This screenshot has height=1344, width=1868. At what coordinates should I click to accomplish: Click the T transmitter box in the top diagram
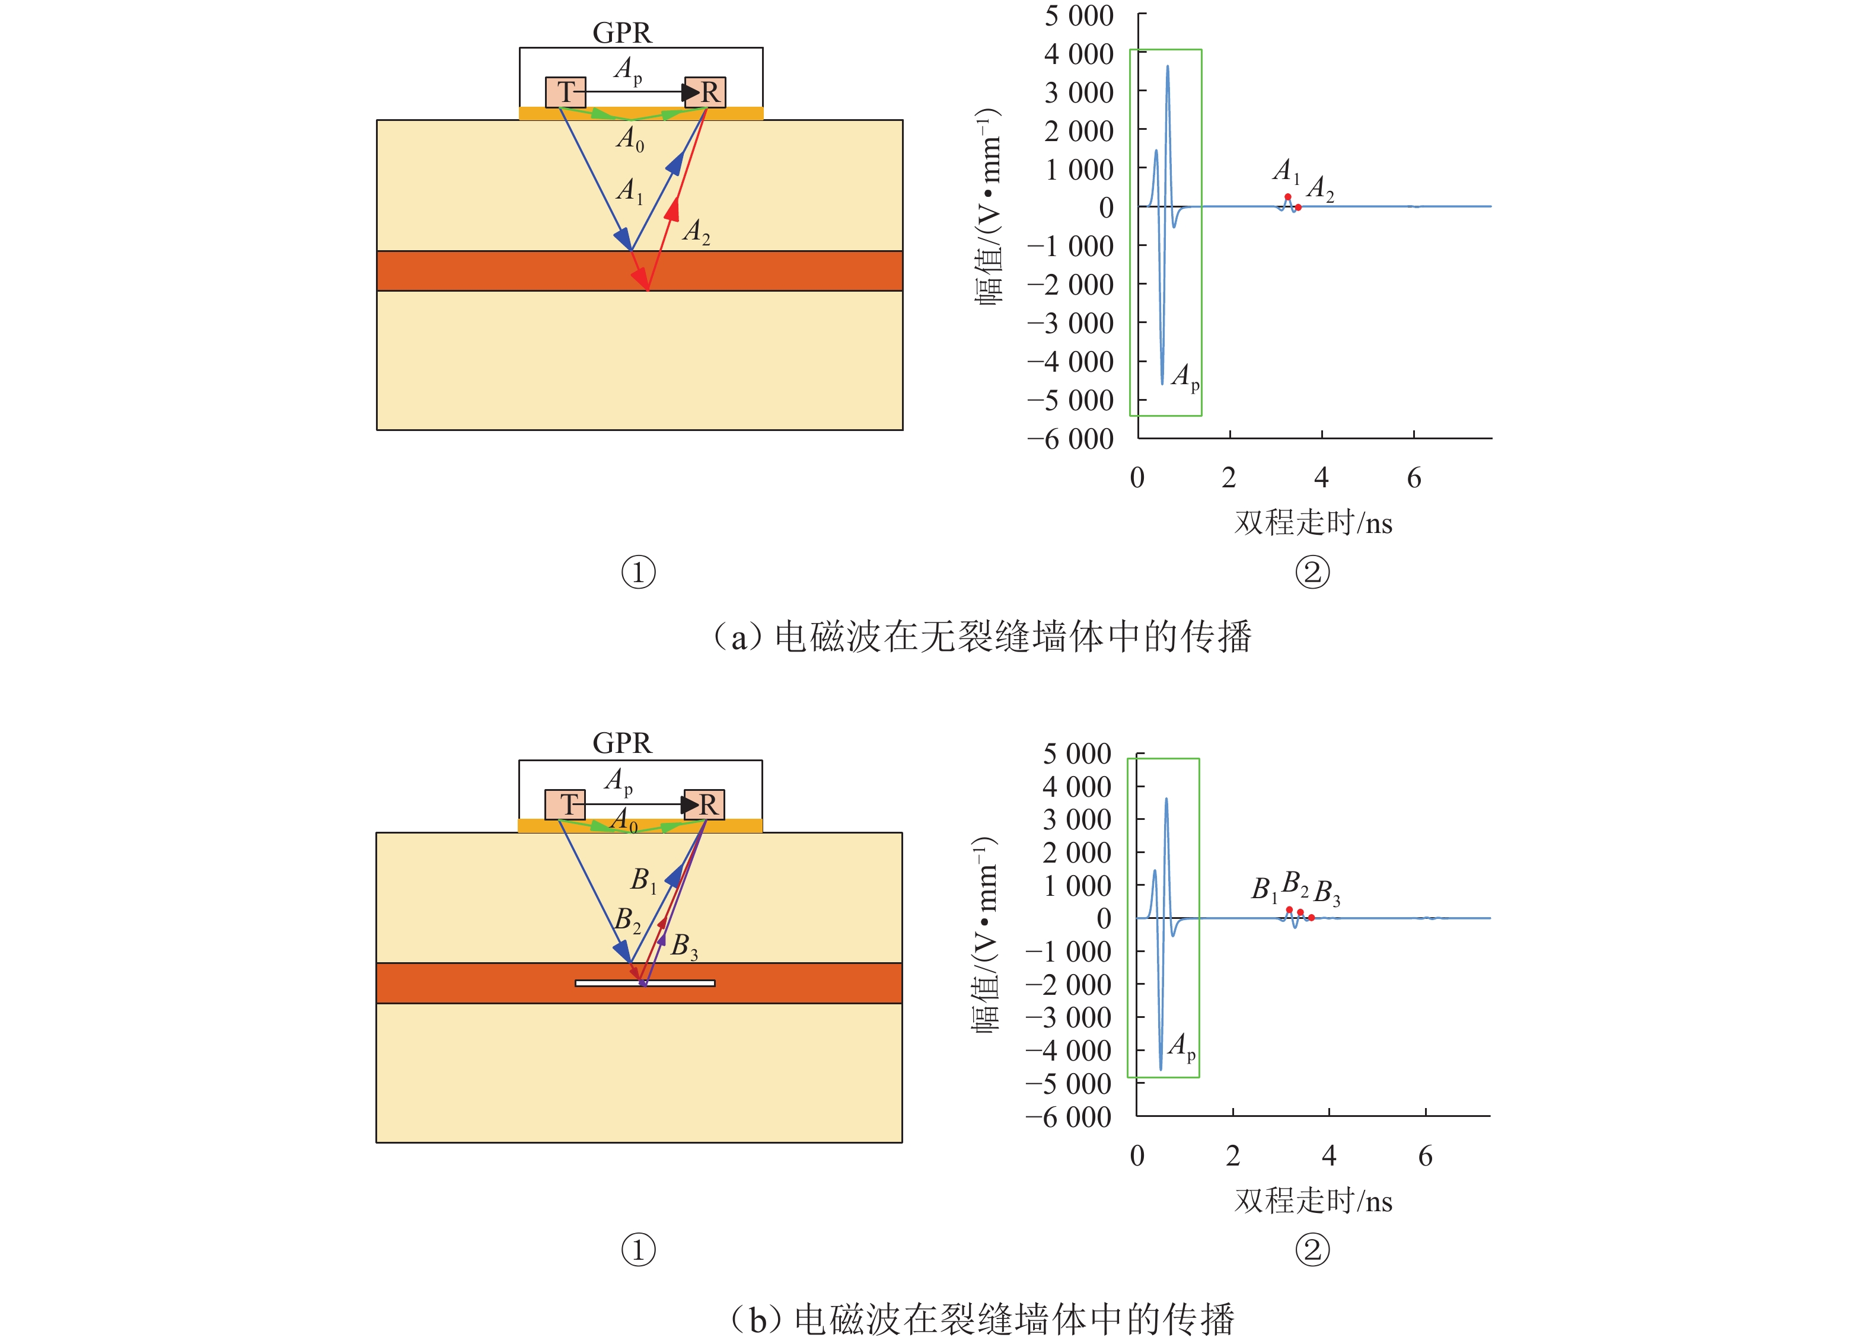point(565,91)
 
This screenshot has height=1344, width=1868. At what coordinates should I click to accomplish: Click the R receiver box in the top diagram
point(706,91)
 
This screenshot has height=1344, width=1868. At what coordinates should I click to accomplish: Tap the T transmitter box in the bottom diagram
point(565,804)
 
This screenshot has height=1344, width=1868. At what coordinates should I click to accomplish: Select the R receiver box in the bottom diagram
point(705,804)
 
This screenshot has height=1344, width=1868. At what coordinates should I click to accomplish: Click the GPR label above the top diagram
point(622,33)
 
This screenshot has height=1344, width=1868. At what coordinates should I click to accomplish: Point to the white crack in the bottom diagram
point(645,982)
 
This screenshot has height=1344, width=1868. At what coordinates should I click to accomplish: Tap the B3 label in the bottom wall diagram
point(684,946)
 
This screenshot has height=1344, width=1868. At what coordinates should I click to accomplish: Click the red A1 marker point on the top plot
point(1287,197)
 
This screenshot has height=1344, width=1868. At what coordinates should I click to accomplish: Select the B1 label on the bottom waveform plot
point(1264,889)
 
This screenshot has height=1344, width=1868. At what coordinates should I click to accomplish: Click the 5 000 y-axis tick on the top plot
point(1079,15)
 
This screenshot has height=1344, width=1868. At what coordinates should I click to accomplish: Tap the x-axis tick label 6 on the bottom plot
point(1425,1156)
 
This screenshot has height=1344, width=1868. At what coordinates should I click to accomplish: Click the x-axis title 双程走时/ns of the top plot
point(1313,523)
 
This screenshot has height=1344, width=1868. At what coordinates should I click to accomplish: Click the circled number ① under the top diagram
point(638,572)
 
